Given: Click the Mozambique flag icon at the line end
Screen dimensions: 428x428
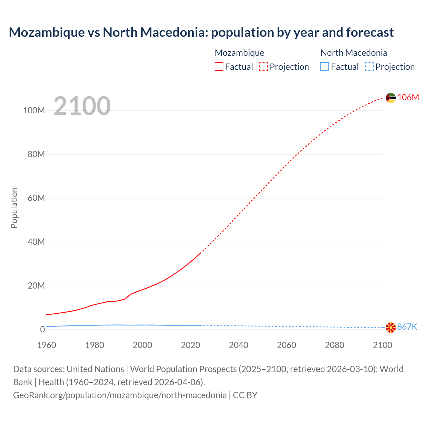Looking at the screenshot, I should point(391,98).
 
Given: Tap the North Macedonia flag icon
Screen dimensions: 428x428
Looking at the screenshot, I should point(391,327).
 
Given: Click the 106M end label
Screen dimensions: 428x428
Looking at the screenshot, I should point(408,97).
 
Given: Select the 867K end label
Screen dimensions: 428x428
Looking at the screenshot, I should point(407,327).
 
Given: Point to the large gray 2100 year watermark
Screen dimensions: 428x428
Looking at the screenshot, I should point(82,106).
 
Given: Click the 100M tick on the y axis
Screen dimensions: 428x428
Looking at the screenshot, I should point(34,111).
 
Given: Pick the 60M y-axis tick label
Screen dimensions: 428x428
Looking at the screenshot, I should point(36,198).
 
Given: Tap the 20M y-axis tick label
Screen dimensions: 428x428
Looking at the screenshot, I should point(36,286).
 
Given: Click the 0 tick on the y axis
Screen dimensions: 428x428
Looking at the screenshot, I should point(42,329).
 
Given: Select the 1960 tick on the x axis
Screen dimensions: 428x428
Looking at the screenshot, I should point(47,345).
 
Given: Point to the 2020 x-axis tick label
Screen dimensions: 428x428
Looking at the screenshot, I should point(191,345).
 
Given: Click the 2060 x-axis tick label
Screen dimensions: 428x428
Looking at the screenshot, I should point(287,345).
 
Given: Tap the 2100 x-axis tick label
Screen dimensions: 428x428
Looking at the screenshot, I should point(383,345).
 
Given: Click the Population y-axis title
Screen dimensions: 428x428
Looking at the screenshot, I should point(14,208).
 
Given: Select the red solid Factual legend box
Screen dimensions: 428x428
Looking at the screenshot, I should point(219,67).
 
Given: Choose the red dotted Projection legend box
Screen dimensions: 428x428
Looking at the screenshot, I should point(263,67).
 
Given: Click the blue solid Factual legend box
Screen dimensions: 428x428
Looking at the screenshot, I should point(325,67).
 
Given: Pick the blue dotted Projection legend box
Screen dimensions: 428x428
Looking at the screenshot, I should point(369,67).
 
